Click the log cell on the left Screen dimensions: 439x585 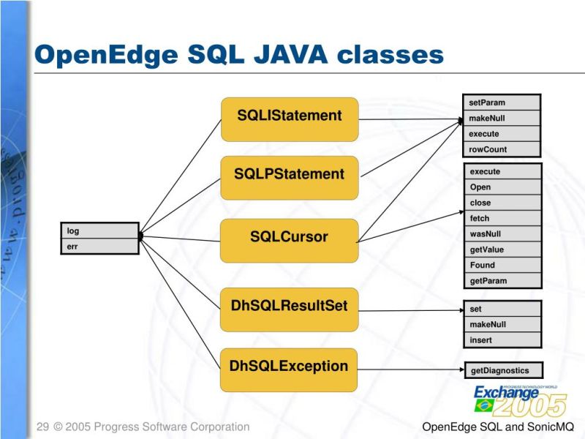coord(99,231)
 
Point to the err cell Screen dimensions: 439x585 coord(99,247)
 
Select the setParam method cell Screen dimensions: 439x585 coord(502,102)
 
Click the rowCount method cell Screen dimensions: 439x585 coord(502,149)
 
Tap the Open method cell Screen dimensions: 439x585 coord(503,187)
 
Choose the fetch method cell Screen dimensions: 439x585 coord(503,218)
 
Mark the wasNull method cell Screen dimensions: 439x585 coord(503,234)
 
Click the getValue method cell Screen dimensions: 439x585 coord(503,249)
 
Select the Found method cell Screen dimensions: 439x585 coord(503,265)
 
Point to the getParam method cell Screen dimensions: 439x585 coord(503,281)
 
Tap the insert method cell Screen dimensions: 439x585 coord(503,340)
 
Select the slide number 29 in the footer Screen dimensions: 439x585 coord(42,427)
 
